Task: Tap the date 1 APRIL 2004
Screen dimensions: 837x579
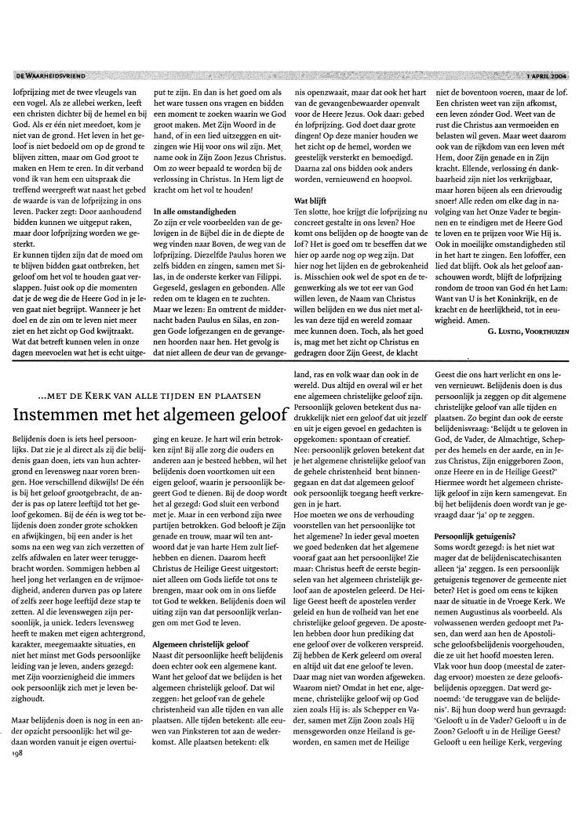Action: point(541,75)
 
